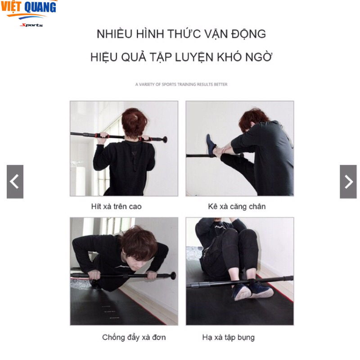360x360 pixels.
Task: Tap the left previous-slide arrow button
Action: tap(15, 181)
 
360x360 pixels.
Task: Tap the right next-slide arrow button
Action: tap(348, 181)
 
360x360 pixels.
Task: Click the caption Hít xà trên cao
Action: tap(116, 207)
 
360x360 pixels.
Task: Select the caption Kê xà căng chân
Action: tap(237, 207)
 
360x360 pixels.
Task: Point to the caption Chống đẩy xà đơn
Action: tap(134, 337)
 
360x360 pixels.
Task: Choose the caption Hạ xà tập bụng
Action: tap(228, 337)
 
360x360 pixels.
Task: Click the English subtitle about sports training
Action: tap(181, 84)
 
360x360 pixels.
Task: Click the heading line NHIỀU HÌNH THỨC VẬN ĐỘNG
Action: tap(181, 34)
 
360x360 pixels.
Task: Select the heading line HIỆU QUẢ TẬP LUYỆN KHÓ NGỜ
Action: tap(181, 58)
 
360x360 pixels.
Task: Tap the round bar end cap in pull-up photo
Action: tap(165, 139)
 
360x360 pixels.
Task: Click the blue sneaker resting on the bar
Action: tap(211, 145)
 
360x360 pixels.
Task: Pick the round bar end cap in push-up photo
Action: tap(173, 275)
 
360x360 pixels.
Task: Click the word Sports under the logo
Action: tap(31, 25)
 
